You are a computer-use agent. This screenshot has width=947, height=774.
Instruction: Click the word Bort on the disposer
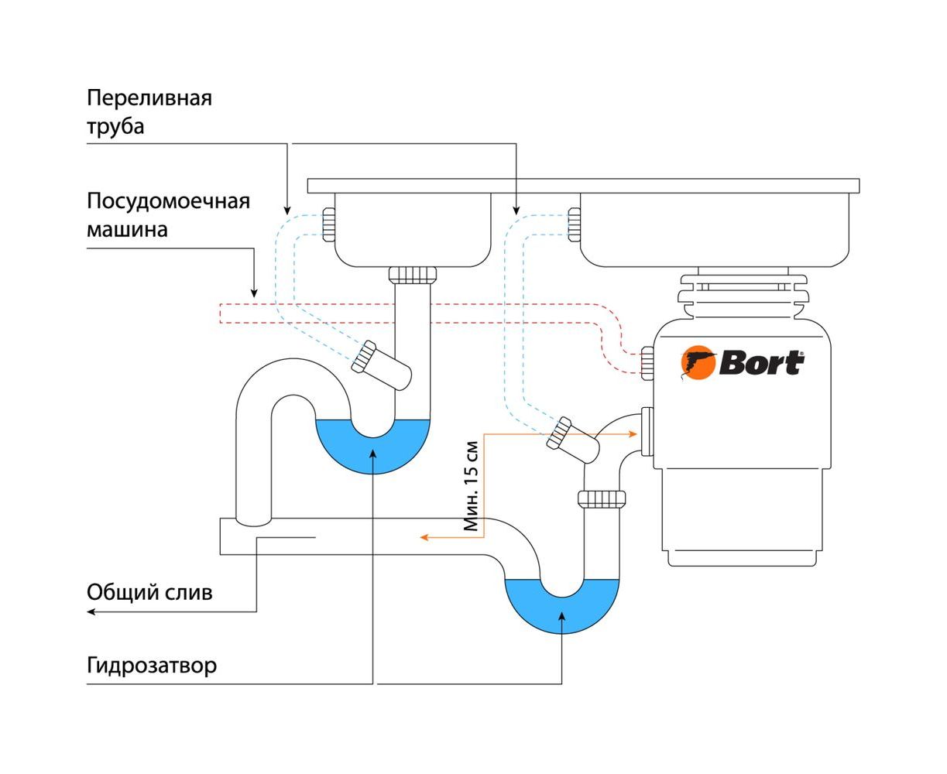tap(762, 363)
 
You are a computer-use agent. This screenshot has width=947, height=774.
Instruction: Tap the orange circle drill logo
tap(698, 363)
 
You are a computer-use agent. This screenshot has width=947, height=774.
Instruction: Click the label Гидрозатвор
tap(152, 666)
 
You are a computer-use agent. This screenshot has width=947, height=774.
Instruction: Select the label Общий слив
tap(149, 593)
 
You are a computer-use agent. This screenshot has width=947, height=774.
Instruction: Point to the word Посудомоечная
tap(168, 201)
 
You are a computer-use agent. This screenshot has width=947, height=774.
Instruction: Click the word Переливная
tap(149, 98)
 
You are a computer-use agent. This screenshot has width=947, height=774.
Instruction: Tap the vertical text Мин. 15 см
tap(472, 487)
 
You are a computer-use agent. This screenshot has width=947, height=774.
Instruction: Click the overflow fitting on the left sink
tap(328, 224)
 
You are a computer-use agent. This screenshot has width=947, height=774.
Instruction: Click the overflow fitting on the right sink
tap(574, 224)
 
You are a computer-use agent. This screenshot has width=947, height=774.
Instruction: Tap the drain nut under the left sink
tap(412, 275)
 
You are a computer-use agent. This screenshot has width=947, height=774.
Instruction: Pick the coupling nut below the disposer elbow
tap(602, 498)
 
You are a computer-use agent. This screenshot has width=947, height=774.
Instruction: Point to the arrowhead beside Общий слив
tap(91, 611)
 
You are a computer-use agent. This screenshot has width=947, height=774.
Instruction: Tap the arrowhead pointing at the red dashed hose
tap(253, 293)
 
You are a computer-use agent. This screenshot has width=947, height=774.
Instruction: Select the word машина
tap(127, 230)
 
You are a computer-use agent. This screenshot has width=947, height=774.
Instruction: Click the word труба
tap(115, 126)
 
